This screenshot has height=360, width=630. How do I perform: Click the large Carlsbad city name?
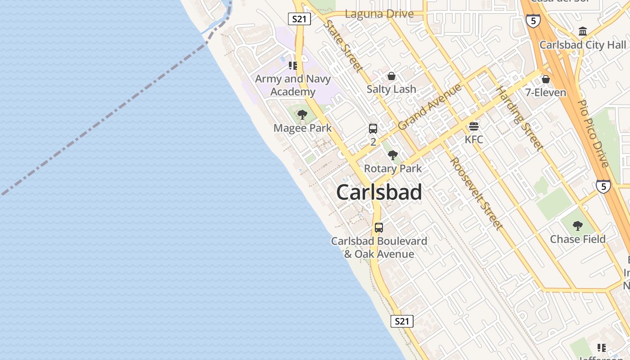pyautogui.click(x=379, y=192)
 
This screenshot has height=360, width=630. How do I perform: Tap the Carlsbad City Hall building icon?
pyautogui.click(x=583, y=31)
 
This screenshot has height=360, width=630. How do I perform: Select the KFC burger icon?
pyautogui.click(x=474, y=126)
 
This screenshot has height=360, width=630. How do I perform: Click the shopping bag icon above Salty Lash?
pyautogui.click(x=391, y=76)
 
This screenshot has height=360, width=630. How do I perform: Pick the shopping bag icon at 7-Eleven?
pyautogui.click(x=546, y=80)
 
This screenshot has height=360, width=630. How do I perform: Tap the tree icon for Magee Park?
pyautogui.click(x=302, y=115)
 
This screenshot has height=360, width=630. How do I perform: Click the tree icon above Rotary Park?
pyautogui.click(x=393, y=156)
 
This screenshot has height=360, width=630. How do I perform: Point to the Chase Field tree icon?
pyautogui.click(x=578, y=226)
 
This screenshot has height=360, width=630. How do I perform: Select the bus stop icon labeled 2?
pyautogui.click(x=373, y=129)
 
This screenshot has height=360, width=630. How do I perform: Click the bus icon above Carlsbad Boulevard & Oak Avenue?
pyautogui.click(x=379, y=228)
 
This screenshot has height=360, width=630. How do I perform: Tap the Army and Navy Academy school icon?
pyautogui.click(x=293, y=66)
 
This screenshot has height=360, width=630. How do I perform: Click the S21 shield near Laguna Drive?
pyautogui.click(x=299, y=19)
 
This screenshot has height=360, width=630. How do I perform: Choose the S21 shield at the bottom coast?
pyautogui.click(x=401, y=321)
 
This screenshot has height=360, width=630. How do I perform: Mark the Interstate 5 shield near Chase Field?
pyautogui.click(x=603, y=186)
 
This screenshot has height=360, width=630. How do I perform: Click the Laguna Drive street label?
pyautogui.click(x=379, y=14)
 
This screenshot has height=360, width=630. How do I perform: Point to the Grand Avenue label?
pyautogui.click(x=430, y=107)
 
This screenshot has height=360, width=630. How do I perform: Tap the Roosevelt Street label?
pyautogui.click(x=477, y=193)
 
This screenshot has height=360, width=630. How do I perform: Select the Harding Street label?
pyautogui.click(x=519, y=118)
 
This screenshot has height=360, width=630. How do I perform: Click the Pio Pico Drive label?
pyautogui.click(x=593, y=133)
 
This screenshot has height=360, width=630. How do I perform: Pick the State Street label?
pyautogui.click(x=343, y=45)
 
